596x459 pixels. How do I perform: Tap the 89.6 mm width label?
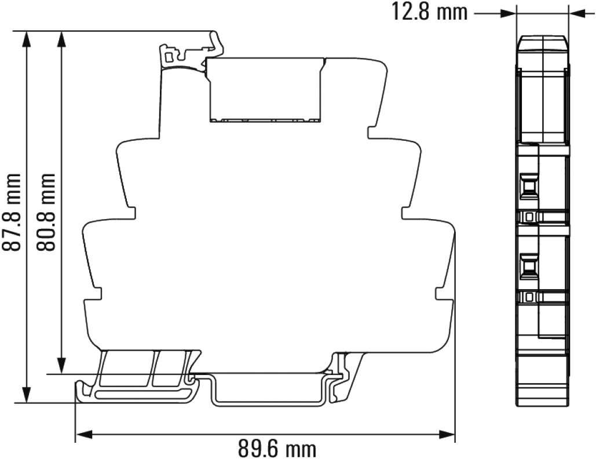click(277, 448)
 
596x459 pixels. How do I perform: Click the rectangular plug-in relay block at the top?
click(266, 90)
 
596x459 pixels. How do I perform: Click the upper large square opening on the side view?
click(528, 186)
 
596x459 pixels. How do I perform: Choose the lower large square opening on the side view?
click(528, 267)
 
